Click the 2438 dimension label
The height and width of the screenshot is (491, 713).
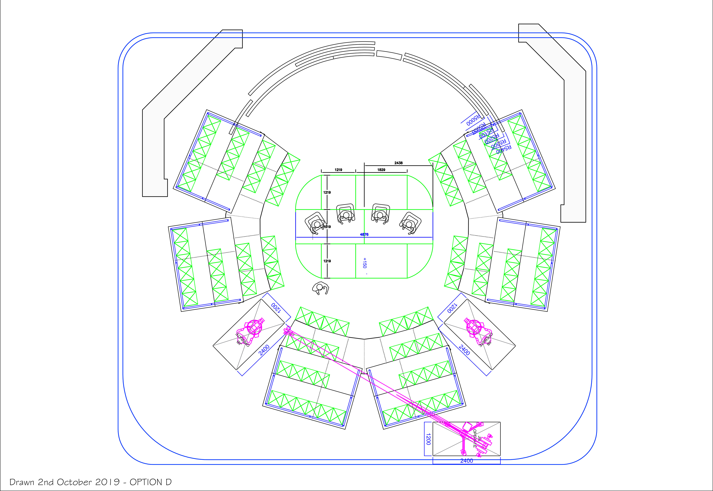point(398,163)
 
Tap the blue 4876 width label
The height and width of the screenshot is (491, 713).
point(364,234)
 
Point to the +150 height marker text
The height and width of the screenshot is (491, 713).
point(365,263)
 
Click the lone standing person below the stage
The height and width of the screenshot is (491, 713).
point(320,288)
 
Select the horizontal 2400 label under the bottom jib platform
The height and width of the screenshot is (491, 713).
point(466,461)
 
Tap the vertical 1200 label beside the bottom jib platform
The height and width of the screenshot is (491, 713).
point(428,439)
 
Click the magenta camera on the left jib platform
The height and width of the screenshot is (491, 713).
point(254,327)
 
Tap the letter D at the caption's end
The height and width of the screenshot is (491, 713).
point(168,482)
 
